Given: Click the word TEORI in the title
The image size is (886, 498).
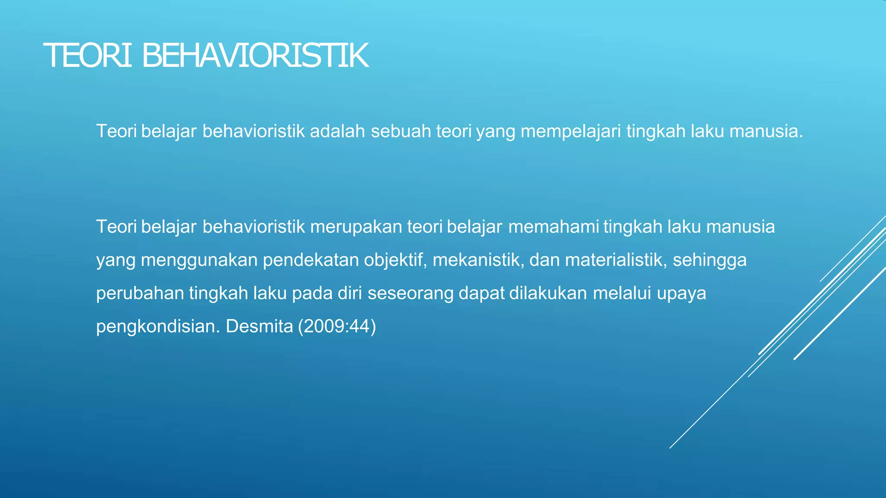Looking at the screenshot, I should coord(88,56).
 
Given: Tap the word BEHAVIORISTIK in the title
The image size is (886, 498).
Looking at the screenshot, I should coord(255,56).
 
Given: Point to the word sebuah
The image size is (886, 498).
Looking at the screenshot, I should coord(401,131).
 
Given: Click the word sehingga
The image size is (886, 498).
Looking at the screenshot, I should coord(709,260).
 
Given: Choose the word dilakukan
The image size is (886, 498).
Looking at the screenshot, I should coord(548,293).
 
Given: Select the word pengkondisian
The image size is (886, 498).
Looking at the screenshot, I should coord(158,326).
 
